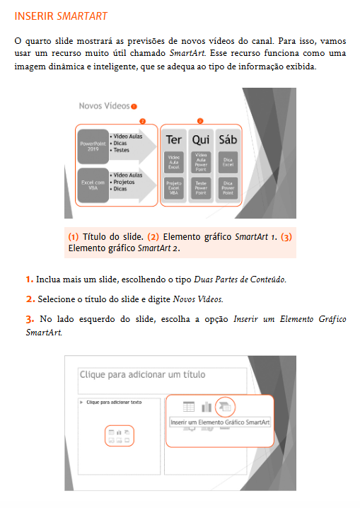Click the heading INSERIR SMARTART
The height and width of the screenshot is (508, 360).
(61, 16)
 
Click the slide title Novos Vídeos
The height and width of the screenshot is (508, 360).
(104, 105)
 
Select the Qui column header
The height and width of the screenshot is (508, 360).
(200, 139)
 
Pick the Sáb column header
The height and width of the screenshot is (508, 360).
(227, 139)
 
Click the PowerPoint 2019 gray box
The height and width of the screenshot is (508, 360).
(91, 145)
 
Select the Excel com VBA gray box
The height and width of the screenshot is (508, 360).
(91, 185)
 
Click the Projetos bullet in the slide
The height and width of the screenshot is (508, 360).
(126, 182)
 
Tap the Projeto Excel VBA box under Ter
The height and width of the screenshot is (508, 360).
(173, 187)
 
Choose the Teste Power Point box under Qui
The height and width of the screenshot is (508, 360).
(200, 187)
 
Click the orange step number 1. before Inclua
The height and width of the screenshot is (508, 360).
(29, 279)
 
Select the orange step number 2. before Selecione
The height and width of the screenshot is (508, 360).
(29, 299)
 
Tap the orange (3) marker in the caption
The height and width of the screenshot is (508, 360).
(286, 237)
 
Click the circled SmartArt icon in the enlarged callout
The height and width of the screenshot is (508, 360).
(225, 406)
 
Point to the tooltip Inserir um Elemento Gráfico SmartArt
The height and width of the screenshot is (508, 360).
(220, 422)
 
